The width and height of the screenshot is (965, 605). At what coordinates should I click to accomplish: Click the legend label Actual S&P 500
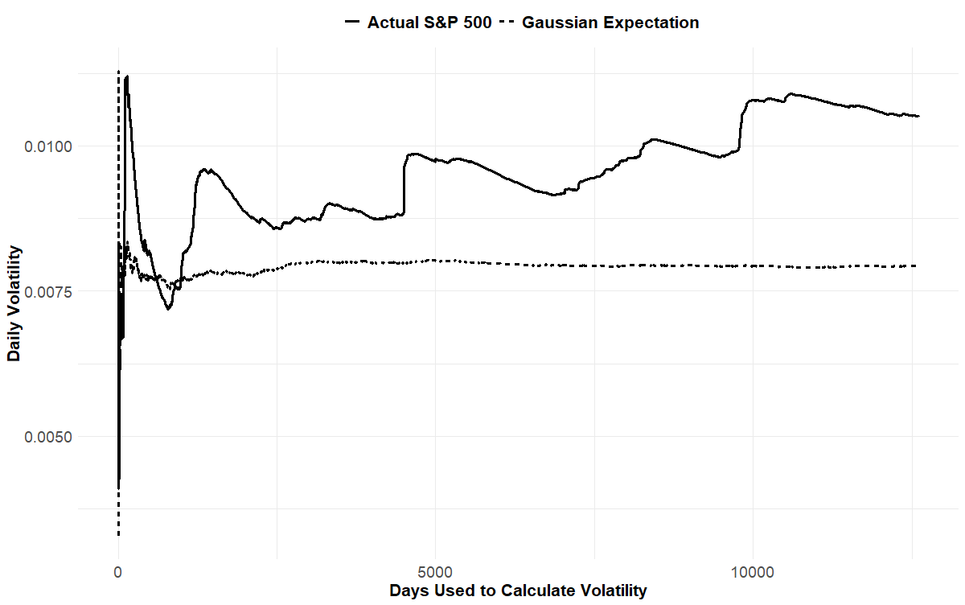429,23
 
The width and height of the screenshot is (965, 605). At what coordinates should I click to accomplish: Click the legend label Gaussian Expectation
610,23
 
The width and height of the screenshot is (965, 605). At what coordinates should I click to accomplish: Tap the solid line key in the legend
352,23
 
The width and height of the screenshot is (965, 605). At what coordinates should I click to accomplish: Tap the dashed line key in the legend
507,23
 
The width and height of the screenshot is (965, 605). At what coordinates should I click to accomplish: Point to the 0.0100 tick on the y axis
51,146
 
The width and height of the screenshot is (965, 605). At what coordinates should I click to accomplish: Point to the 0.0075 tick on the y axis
51,291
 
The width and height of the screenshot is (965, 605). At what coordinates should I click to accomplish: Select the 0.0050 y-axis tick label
51,437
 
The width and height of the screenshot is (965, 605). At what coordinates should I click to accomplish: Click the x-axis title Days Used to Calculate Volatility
518,591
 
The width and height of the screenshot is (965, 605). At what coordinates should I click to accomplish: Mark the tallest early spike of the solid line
127,77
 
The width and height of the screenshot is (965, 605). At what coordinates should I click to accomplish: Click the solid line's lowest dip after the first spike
168,309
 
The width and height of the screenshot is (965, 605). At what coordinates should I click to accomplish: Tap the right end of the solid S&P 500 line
918,117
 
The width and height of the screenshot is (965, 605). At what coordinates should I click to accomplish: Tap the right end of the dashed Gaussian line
917,265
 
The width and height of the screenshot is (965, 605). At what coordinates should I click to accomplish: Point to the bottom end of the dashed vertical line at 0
119,535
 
